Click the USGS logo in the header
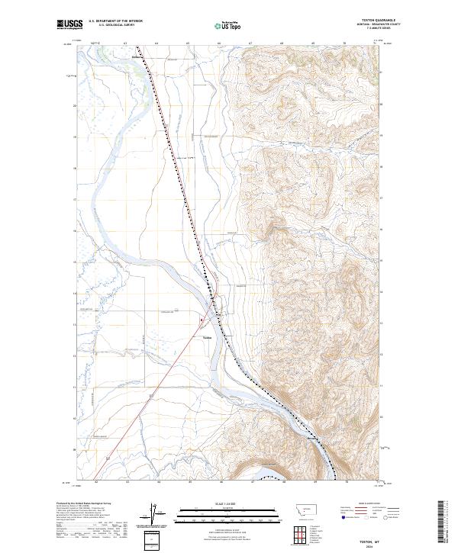click(x=69, y=24)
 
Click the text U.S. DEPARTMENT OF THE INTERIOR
click(x=116, y=21)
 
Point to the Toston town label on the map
click(x=207, y=336)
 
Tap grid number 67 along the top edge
click(x=250, y=44)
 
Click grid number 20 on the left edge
click(x=75, y=105)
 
